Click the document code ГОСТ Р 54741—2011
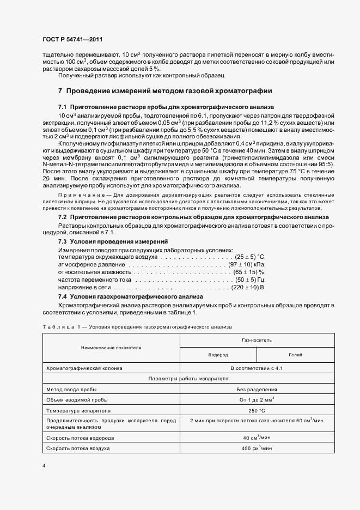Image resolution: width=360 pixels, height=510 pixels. [x=72, y=40]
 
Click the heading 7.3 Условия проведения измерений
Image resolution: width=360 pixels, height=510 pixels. [x=113, y=241]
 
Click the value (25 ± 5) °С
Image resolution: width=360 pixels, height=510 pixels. [x=249, y=256]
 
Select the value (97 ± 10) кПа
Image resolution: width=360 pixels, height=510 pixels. [x=247, y=264]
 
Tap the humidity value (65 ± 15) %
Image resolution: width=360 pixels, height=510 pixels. [x=249, y=271]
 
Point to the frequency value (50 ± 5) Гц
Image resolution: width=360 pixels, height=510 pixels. [x=249, y=279]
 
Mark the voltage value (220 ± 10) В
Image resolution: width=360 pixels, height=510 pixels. [x=248, y=287]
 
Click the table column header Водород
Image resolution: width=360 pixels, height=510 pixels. [x=218, y=354]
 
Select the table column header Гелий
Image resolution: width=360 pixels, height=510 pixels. [x=295, y=354]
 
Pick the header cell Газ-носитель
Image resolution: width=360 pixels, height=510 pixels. [x=257, y=339]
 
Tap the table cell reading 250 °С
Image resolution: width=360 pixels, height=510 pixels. [x=257, y=410]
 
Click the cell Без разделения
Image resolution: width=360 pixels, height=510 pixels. [x=257, y=389]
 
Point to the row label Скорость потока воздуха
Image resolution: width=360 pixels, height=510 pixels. [x=78, y=448]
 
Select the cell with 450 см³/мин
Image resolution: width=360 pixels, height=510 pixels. [x=257, y=448]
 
